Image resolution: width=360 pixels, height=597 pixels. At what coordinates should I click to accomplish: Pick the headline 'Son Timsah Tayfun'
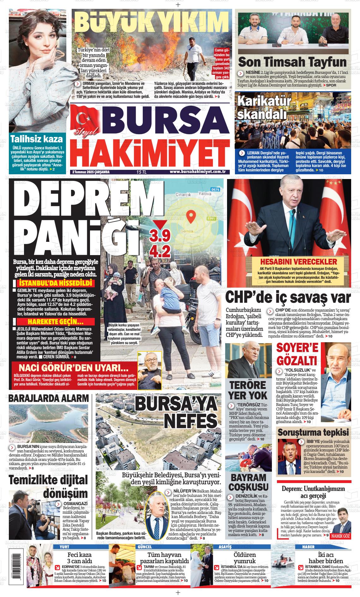click(x=292, y=62)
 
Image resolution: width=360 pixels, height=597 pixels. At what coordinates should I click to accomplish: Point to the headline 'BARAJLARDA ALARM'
click(x=49, y=398)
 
